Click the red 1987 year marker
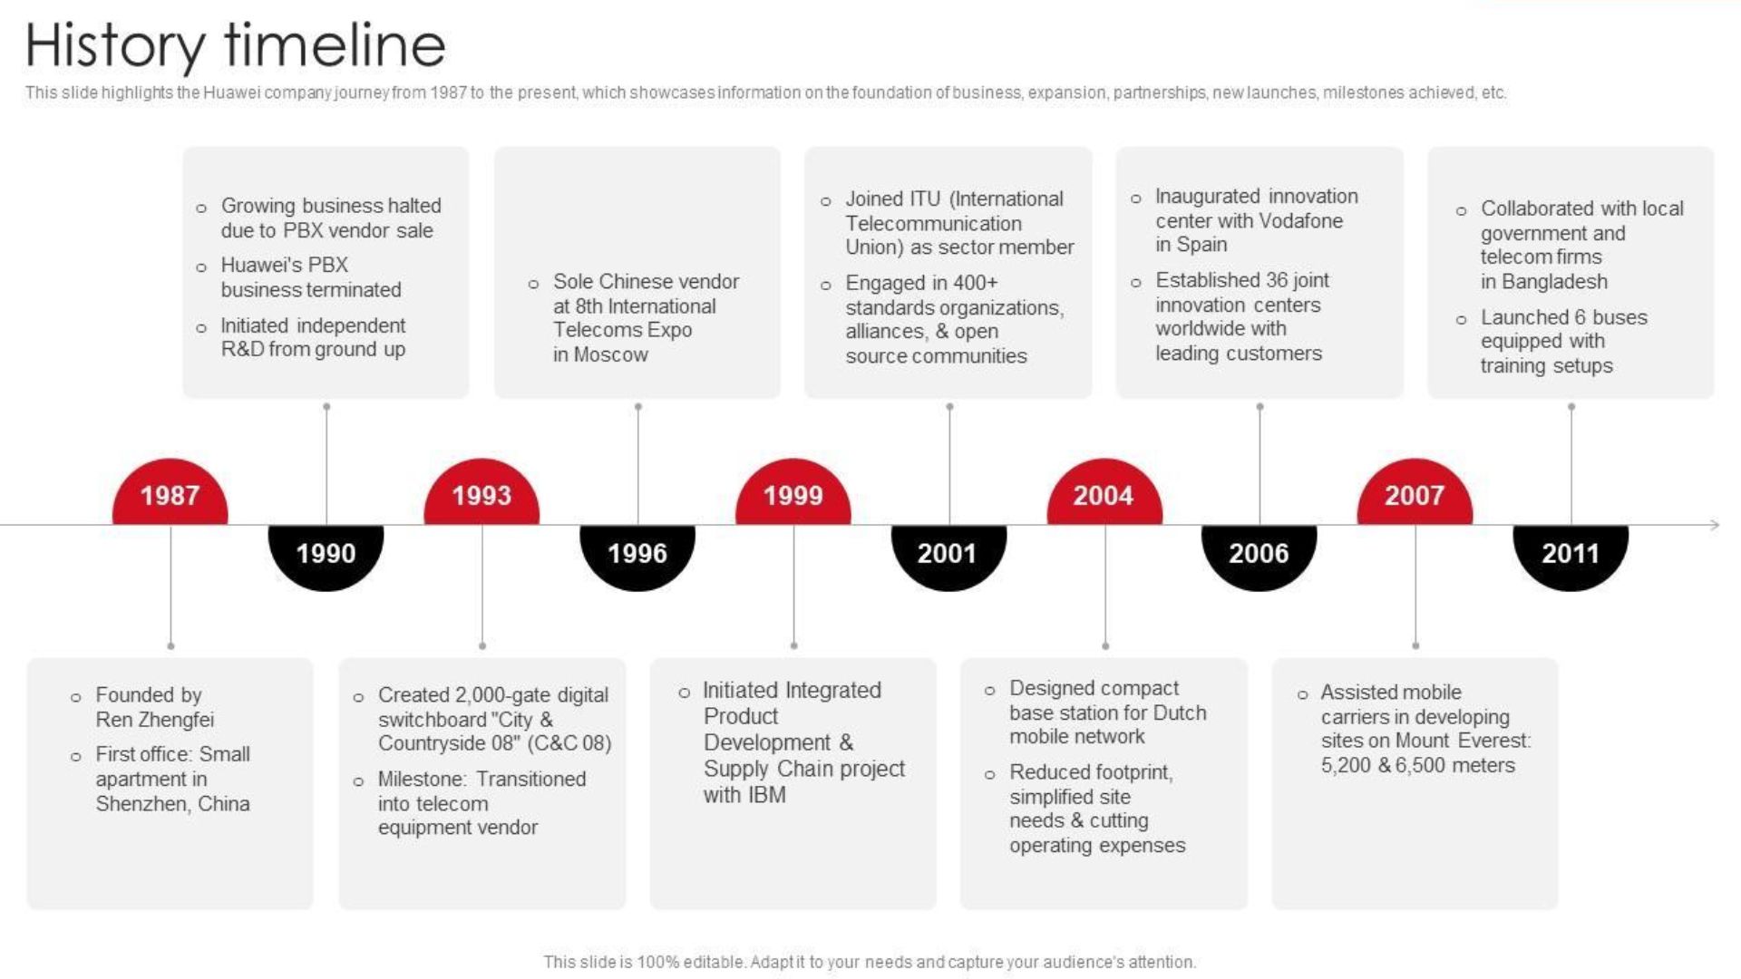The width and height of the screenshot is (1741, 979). [x=170, y=493]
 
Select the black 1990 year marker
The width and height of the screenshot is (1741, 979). [x=326, y=556]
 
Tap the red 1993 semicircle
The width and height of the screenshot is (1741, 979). [x=481, y=493]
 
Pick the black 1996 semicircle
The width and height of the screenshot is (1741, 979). [x=637, y=556]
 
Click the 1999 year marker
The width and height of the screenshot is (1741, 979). [x=793, y=493]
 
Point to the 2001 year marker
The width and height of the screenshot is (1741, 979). [x=948, y=556]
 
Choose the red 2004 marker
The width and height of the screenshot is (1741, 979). [x=1104, y=493]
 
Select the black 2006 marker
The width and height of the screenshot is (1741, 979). [x=1260, y=556]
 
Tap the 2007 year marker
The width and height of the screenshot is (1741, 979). [x=1415, y=493]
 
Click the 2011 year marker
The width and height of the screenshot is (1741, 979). [x=1571, y=556]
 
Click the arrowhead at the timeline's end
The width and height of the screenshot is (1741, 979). [x=1714, y=525]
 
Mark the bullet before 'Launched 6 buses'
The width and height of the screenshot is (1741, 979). [x=1461, y=320]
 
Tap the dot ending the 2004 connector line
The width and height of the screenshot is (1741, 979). [x=1105, y=646]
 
